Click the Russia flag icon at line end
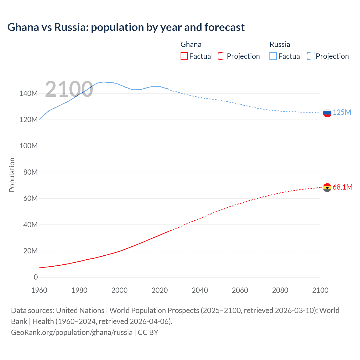327,113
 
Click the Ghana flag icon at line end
327,188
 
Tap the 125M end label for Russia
342,112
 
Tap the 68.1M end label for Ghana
342,187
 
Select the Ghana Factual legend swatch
184,56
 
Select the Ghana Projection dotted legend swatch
222,56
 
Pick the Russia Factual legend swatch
273,56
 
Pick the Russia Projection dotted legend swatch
310,56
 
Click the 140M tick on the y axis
28,94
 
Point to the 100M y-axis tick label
28,146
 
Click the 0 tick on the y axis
36,277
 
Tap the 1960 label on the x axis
39,290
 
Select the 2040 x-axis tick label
200,290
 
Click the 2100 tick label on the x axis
320,290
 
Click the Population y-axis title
12,175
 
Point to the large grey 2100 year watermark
69,89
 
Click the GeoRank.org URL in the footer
72,332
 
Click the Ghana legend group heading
191,44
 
